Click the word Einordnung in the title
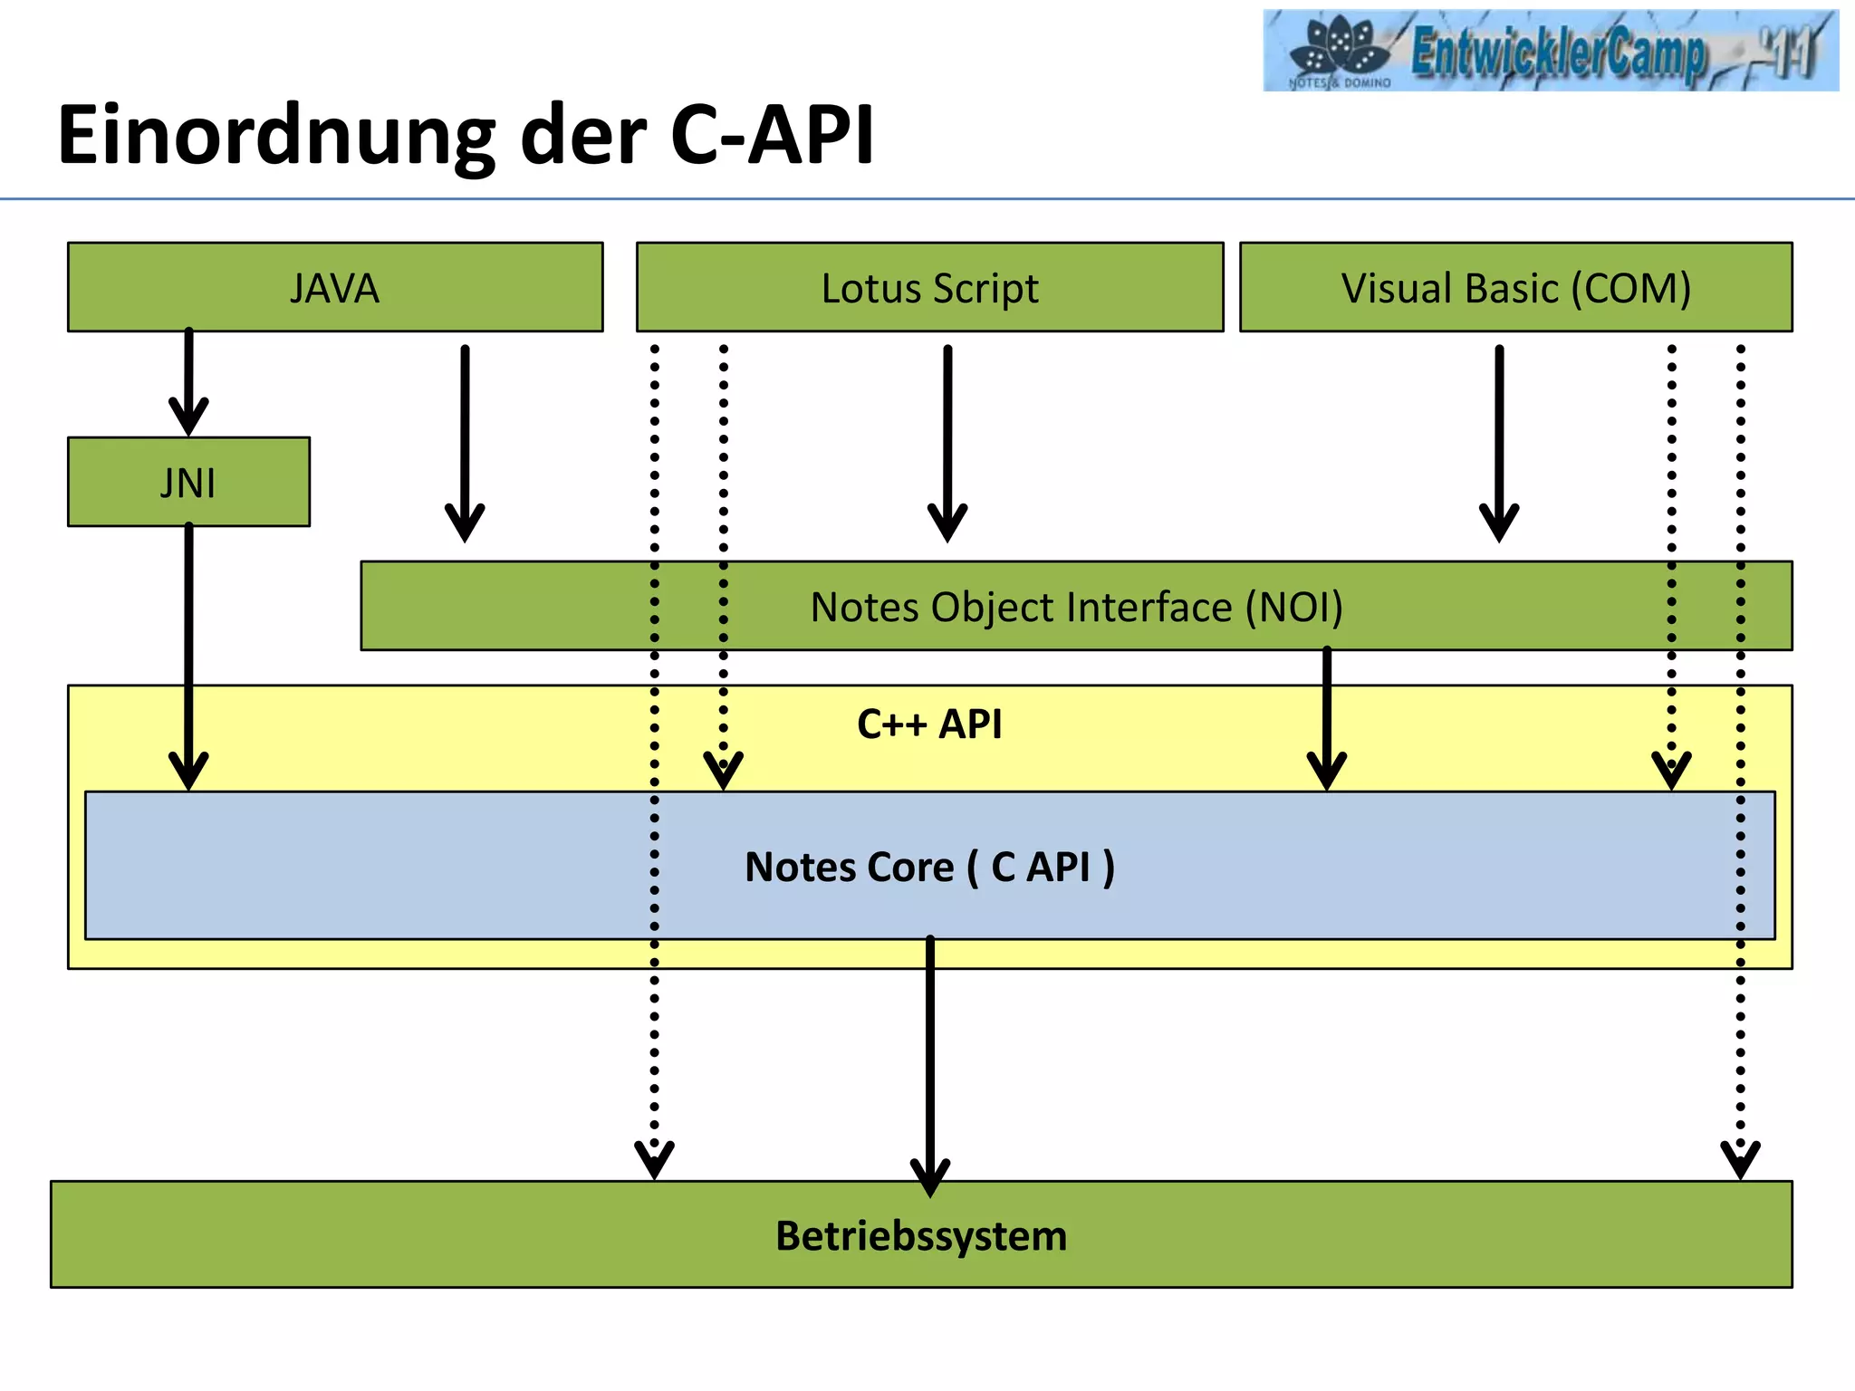coord(276,136)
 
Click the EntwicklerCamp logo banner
coord(1550,51)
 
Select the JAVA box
coord(335,288)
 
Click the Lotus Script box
coord(929,288)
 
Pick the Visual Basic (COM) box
coord(1515,288)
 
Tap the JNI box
coord(188,483)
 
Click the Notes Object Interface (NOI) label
coord(1076,607)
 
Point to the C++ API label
coord(929,724)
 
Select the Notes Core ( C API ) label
coord(929,867)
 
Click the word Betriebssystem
coord(921,1236)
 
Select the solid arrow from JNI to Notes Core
coord(188,652)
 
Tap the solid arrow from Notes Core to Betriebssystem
coord(929,1060)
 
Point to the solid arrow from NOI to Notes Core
coord(1326,715)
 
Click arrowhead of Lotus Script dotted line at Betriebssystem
coord(654,1159)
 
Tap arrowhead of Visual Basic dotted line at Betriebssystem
coord(1740,1159)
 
